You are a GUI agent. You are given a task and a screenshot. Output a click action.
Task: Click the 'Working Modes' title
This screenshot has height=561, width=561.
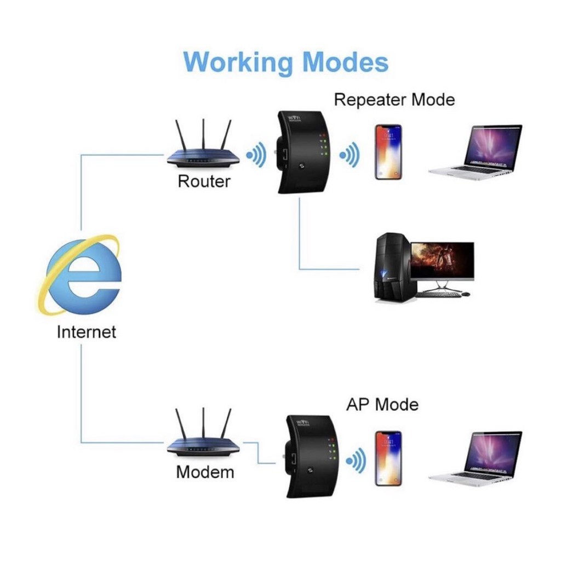pyautogui.click(x=285, y=61)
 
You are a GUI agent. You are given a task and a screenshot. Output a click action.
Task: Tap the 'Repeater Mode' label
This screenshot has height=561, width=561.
pyautogui.click(x=394, y=100)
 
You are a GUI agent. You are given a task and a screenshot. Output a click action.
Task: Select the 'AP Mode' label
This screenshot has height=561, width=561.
pyautogui.click(x=382, y=405)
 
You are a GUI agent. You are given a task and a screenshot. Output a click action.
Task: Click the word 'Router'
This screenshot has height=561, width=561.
pyautogui.click(x=204, y=181)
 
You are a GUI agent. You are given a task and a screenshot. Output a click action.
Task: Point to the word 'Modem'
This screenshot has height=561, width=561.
pyautogui.click(x=205, y=472)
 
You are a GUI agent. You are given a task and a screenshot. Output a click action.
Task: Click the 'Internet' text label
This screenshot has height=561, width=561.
pyautogui.click(x=87, y=331)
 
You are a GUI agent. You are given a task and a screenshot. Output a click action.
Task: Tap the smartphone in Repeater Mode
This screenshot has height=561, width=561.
pyautogui.click(x=388, y=152)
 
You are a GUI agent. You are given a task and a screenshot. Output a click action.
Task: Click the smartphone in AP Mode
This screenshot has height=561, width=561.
pyautogui.click(x=388, y=458)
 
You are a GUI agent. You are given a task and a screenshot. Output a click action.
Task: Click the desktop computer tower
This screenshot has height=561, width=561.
pyautogui.click(x=391, y=268)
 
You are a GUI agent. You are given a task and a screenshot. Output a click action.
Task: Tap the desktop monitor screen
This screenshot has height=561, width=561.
pyautogui.click(x=442, y=261)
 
